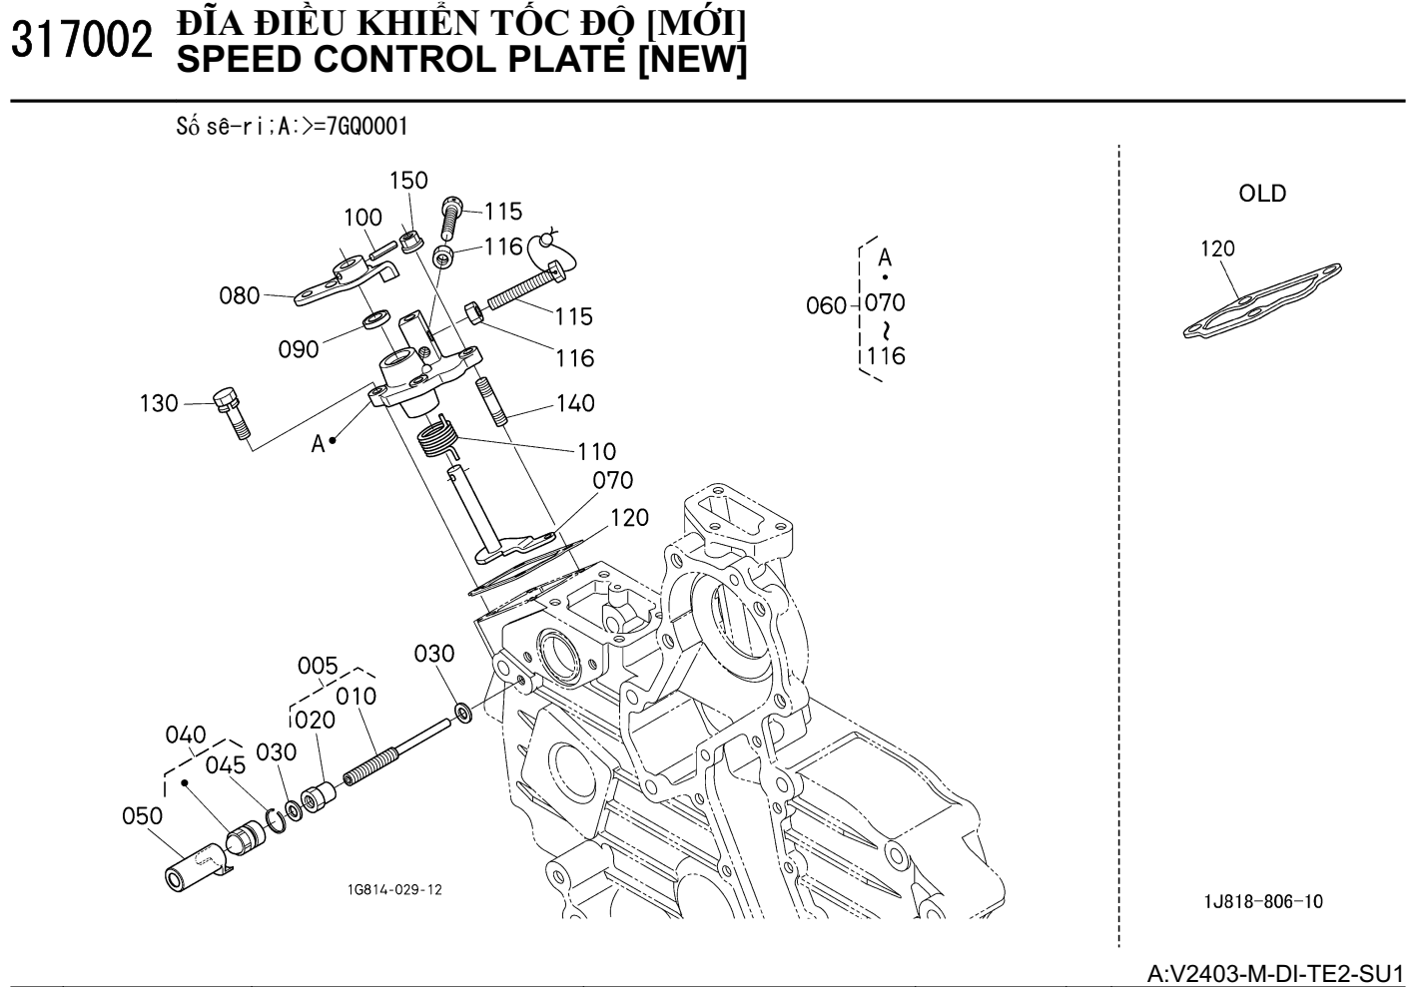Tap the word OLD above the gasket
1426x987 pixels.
[x=1262, y=194]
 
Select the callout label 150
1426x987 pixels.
[x=407, y=181]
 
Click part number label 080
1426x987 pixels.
[x=239, y=296]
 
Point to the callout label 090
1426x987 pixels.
[x=299, y=349]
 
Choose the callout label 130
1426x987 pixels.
[x=158, y=404]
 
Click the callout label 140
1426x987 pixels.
[x=574, y=404]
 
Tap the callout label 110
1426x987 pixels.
[x=596, y=451]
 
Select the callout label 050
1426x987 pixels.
[x=142, y=816]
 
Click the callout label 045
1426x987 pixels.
[x=226, y=765]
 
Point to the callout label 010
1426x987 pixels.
[x=356, y=696]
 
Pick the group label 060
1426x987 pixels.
[x=826, y=305]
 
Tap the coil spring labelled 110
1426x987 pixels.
[x=435, y=437]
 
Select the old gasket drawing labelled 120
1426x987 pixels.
[x=1261, y=300]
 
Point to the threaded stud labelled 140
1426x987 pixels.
[x=491, y=398]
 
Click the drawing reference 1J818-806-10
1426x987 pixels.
[x=1263, y=902]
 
